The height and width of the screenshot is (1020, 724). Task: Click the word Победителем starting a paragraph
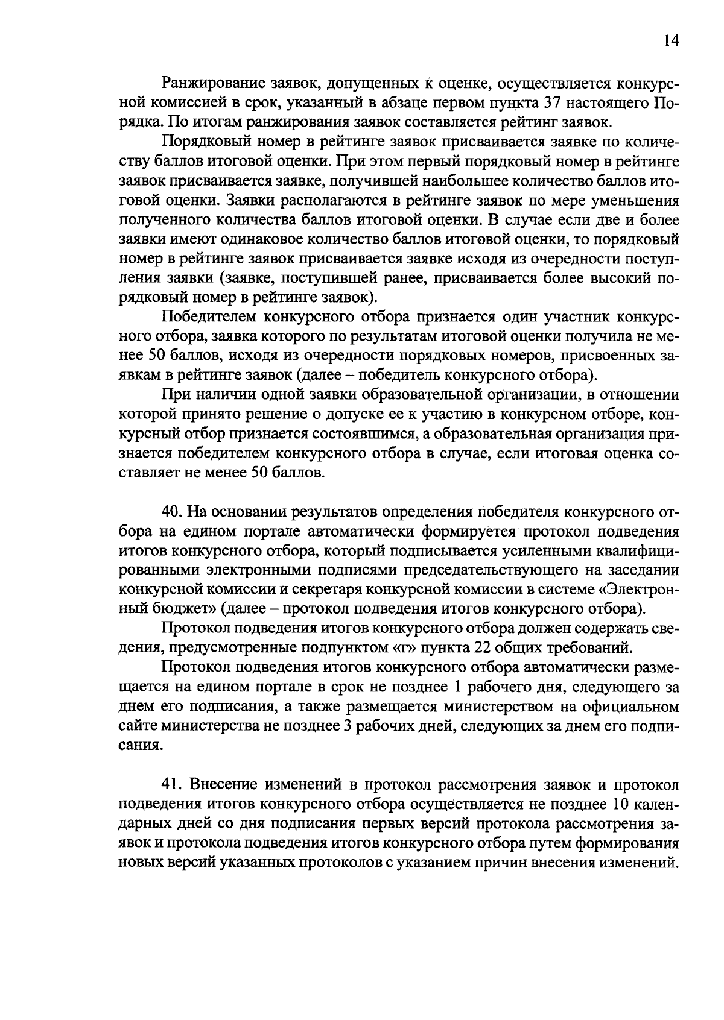click(x=208, y=316)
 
